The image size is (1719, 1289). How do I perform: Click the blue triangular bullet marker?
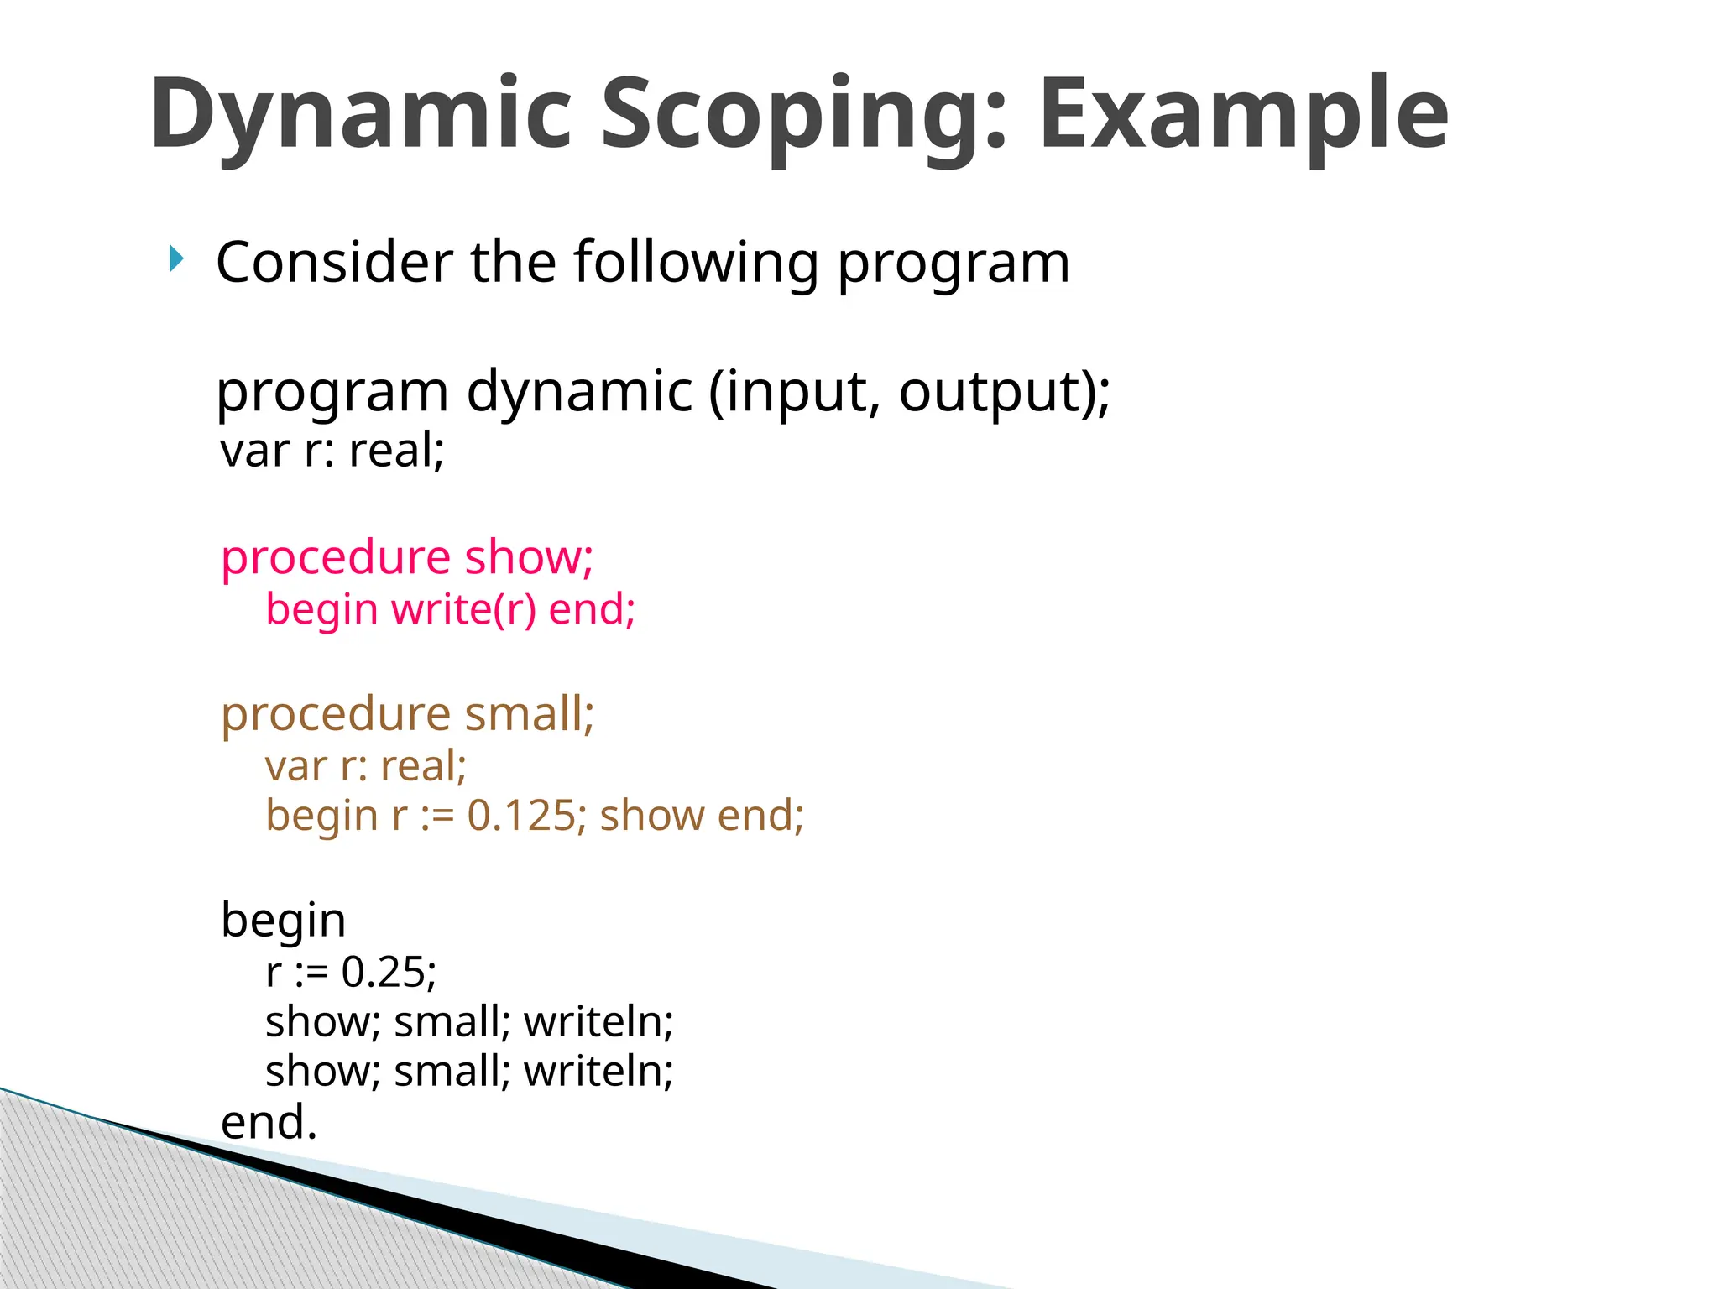coord(175,258)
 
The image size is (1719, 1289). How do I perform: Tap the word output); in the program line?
coord(1004,392)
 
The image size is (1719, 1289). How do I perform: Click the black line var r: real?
coord(332,450)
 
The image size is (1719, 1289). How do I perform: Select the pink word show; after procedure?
coord(529,557)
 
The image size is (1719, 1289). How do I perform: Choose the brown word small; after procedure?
coord(529,714)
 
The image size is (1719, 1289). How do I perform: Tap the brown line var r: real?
coord(366,765)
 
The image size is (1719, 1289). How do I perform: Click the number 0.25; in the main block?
coord(389,972)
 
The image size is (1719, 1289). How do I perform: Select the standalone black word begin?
coord(283,920)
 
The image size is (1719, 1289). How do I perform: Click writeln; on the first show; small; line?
coord(598,1022)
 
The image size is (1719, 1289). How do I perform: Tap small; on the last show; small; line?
coord(452,1072)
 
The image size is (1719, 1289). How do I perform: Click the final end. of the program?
coord(269,1122)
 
